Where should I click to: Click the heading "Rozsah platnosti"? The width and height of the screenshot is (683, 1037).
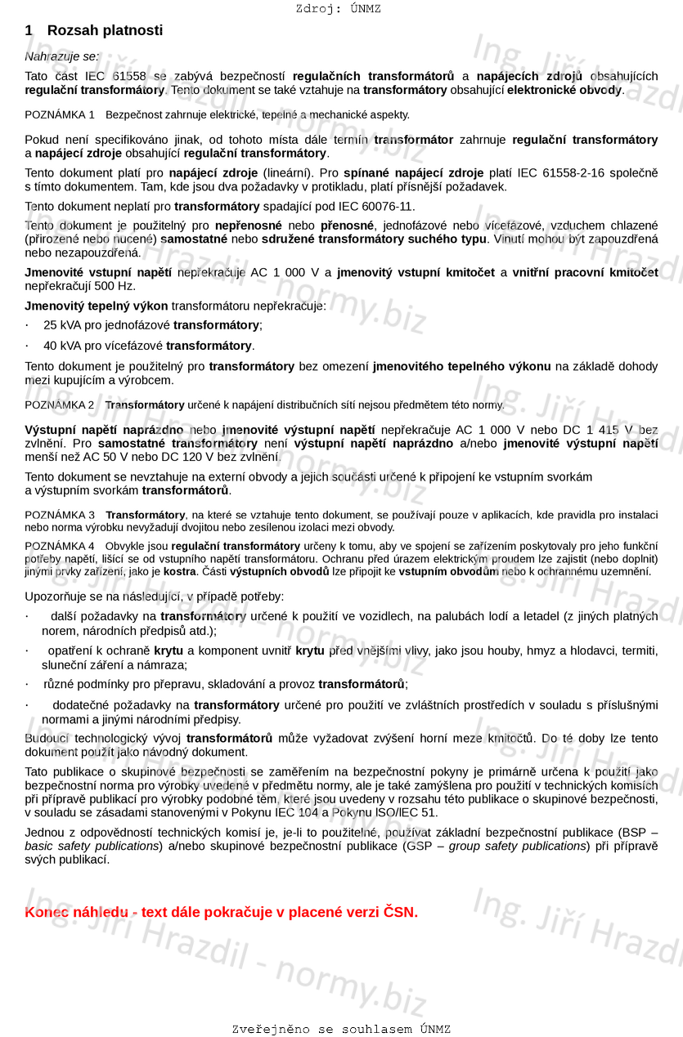[105, 30]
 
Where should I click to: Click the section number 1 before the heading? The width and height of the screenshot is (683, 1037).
[29, 30]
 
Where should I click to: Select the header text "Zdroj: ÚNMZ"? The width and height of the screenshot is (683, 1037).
[338, 9]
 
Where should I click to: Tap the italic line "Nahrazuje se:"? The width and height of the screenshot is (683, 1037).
[61, 56]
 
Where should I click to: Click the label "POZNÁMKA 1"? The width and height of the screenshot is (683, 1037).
[60, 114]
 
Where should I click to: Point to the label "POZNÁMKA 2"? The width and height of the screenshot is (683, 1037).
[60, 405]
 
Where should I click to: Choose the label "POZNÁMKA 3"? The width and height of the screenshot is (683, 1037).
[60, 515]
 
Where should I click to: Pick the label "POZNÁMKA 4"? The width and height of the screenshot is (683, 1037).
[60, 546]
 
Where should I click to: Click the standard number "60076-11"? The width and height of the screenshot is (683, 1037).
[390, 206]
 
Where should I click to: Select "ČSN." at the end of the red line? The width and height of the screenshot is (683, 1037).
[400, 912]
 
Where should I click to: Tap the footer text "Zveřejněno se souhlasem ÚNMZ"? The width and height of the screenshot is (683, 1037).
[341, 1029]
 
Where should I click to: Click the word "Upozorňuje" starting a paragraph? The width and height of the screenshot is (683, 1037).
[58, 597]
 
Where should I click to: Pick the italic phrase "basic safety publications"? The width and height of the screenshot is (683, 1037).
[92, 846]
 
